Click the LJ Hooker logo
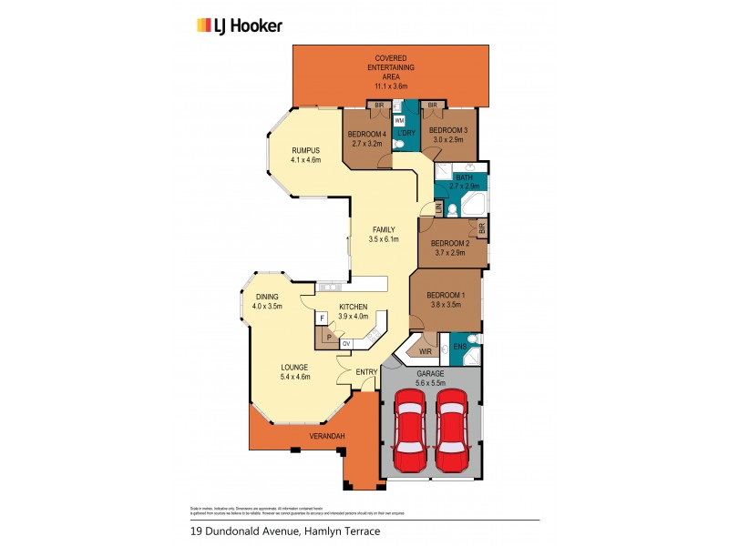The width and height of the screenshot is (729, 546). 240,25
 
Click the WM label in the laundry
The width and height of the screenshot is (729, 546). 399,120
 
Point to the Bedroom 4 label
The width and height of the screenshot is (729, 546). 367,135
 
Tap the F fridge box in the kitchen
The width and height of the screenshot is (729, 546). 322,318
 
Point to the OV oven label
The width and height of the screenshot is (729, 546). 346,343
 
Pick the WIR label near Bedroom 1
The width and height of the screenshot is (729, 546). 425,350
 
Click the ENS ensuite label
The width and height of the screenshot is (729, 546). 459,347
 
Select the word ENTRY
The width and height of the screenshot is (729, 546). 366,371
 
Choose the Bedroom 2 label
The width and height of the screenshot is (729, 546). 448,243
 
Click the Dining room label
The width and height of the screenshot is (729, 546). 267,297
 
